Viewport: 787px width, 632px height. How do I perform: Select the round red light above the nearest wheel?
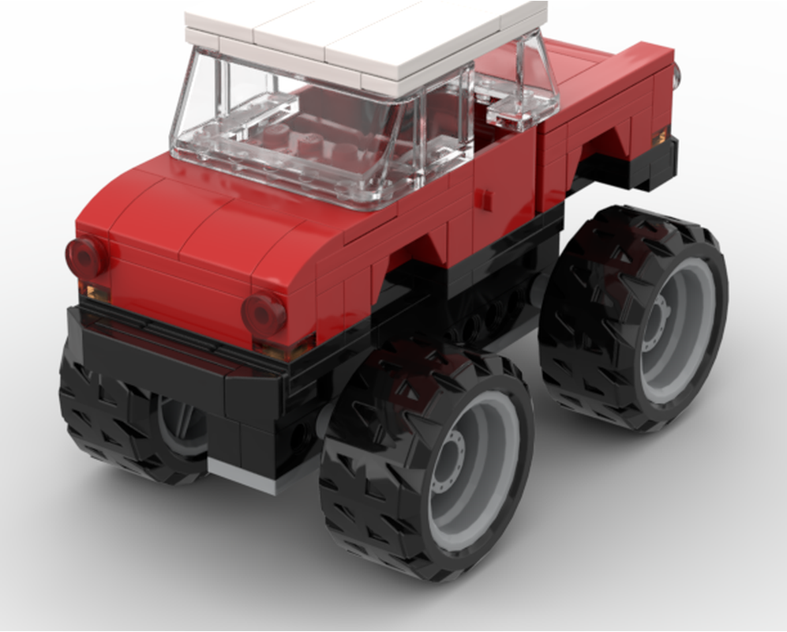[264, 314]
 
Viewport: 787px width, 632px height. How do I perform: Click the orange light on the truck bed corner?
[660, 137]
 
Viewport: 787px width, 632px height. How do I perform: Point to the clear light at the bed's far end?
[677, 74]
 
